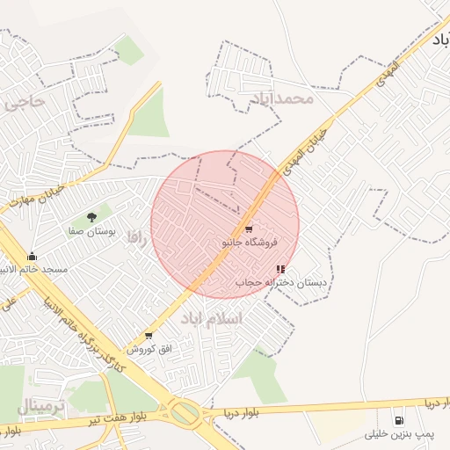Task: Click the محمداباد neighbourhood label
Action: point(281,98)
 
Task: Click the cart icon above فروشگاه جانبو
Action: point(249,229)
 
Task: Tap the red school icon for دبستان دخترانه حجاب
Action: point(280,270)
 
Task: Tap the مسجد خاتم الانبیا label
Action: point(33,268)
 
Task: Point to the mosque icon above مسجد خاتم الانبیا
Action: point(33,256)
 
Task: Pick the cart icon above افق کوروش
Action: point(148,336)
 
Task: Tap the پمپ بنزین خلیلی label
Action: point(401,434)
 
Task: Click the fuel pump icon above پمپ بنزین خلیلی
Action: point(401,421)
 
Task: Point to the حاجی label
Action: point(24,102)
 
